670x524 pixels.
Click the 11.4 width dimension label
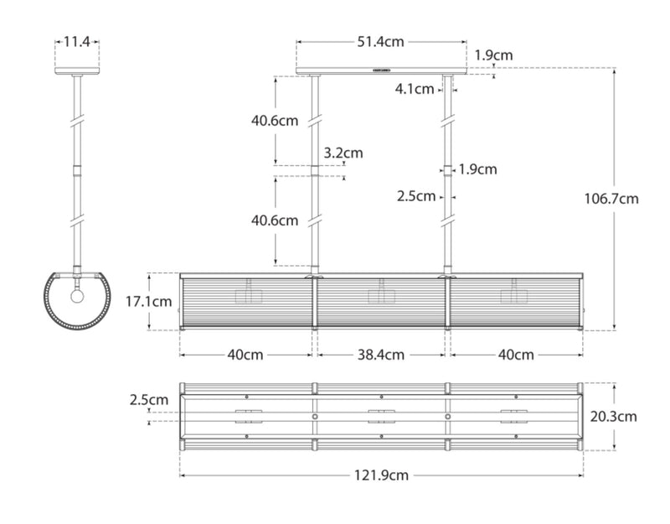click(x=77, y=40)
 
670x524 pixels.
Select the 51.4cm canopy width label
click(x=381, y=40)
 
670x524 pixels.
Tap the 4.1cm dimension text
click(x=415, y=88)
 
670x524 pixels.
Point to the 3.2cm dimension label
click(x=343, y=153)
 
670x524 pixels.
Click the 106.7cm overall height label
click(x=611, y=199)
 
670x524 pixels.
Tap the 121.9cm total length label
click(x=380, y=475)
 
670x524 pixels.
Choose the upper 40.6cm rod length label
click(x=275, y=120)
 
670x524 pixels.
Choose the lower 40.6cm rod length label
click(x=275, y=220)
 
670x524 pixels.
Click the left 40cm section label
click(x=246, y=354)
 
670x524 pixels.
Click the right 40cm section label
click(x=515, y=354)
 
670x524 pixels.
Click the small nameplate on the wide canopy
click(x=381, y=70)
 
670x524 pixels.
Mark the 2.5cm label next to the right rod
click(x=417, y=196)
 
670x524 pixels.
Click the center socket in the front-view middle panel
click(x=381, y=294)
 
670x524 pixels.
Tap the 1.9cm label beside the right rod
click(x=478, y=169)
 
